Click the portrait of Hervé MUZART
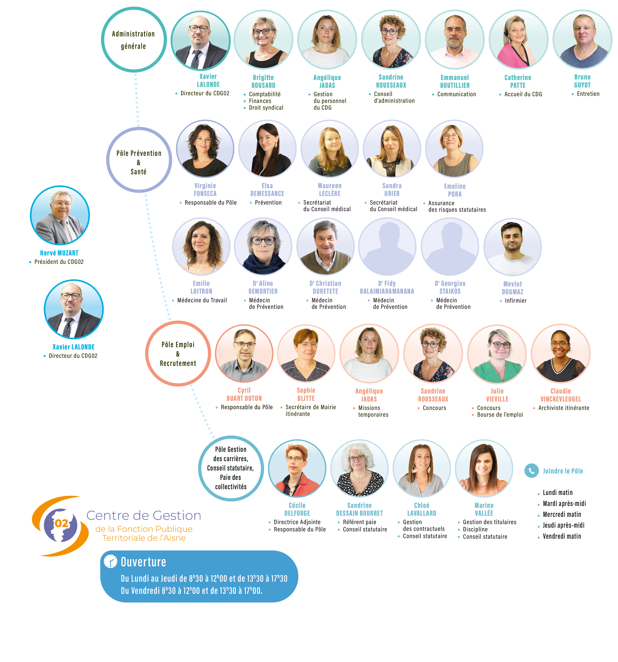(60, 215)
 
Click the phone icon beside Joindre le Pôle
(531, 470)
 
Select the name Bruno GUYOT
(582, 81)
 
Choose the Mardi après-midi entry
(564, 504)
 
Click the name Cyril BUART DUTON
(244, 394)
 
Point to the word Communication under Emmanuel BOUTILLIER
(457, 94)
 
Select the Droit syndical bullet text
(266, 108)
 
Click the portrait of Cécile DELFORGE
(297, 469)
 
